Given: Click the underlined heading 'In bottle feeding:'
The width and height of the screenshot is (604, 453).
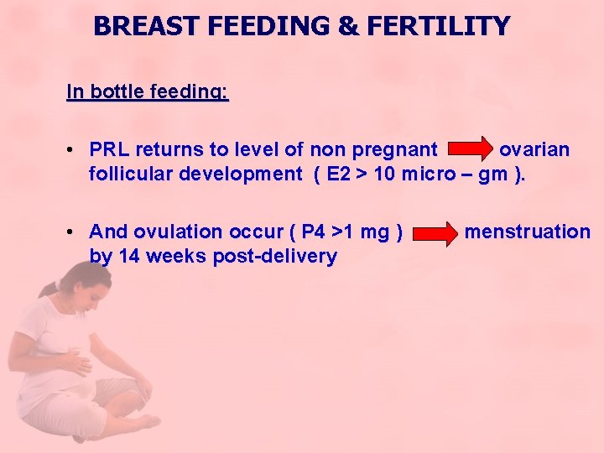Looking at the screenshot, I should click(147, 91).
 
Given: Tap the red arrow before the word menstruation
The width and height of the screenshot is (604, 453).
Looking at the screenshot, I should click(435, 233).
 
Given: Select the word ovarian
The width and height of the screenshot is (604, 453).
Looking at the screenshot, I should click(534, 150).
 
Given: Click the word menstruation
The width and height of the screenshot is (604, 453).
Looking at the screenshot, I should click(527, 232).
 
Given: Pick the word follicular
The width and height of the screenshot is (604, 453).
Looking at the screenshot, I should click(136, 174).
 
